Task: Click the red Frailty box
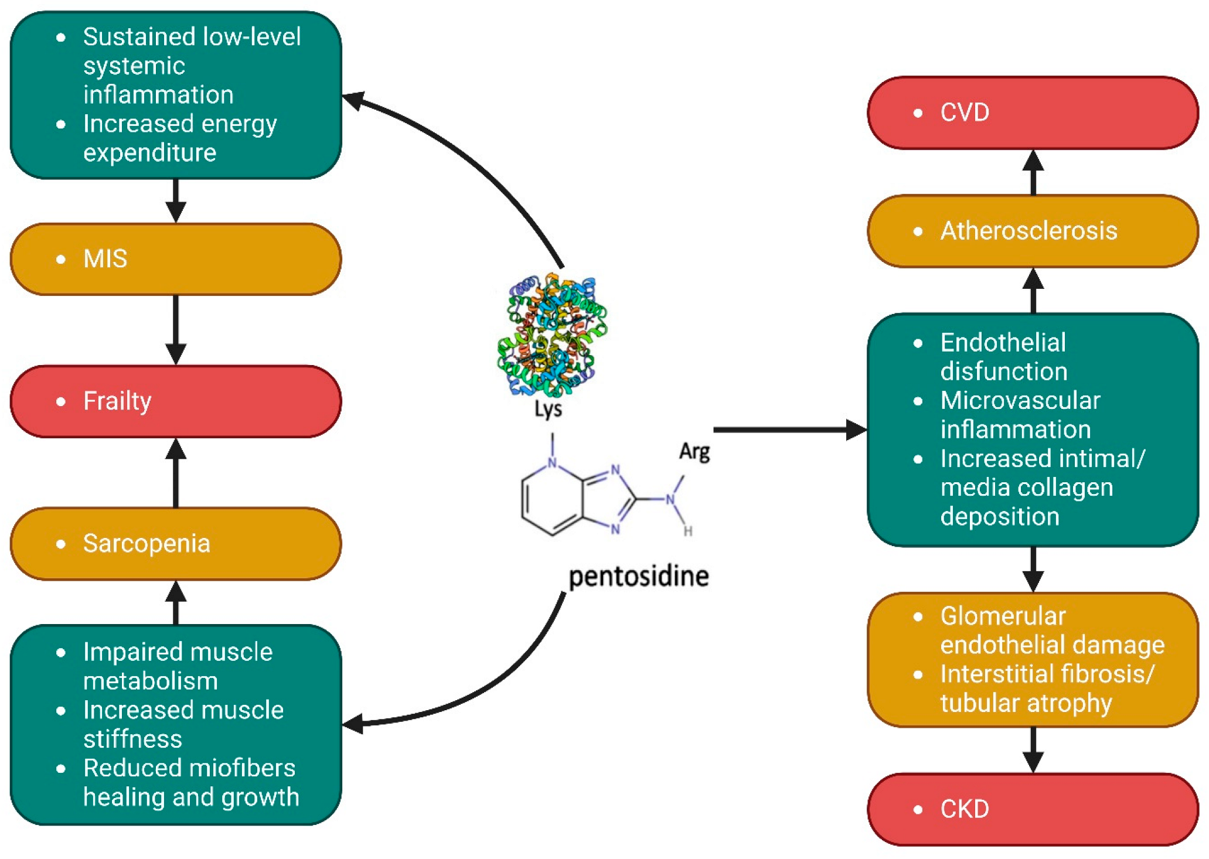coord(176,401)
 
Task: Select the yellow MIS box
coord(176,259)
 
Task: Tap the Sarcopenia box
coord(176,544)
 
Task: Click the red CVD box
coord(1033,113)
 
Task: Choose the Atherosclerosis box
coord(1033,231)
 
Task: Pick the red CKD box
coord(1033,809)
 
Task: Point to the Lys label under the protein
coord(548,409)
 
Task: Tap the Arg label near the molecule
coord(694,452)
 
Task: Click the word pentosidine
coord(639,577)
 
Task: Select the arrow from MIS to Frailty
coord(176,329)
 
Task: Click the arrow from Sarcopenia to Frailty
coord(176,472)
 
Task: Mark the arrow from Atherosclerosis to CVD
coord(1033,172)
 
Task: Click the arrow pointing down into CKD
coord(1033,749)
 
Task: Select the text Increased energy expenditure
coord(179,138)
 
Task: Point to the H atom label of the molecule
coord(688,531)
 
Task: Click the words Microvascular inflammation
coord(1020,415)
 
